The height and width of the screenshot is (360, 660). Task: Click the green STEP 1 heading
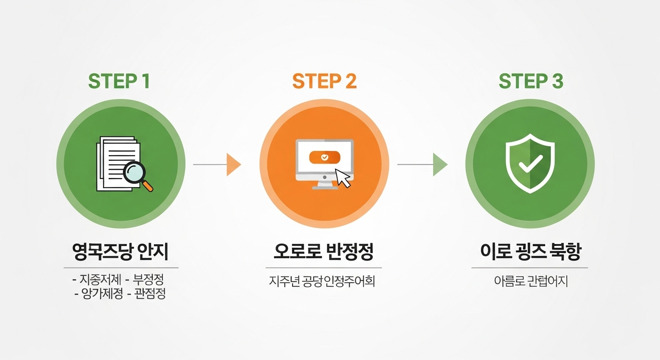119,81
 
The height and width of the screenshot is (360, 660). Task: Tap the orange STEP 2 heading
324,81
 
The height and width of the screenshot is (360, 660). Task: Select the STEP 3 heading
531,81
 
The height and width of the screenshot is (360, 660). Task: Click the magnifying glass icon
137,175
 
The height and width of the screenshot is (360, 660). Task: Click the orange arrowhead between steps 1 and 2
233,165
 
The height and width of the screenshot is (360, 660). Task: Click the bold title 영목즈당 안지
120,253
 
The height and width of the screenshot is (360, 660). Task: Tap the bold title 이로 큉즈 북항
530,253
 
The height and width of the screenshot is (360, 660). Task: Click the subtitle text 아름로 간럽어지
530,282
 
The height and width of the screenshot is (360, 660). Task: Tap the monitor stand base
325,187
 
